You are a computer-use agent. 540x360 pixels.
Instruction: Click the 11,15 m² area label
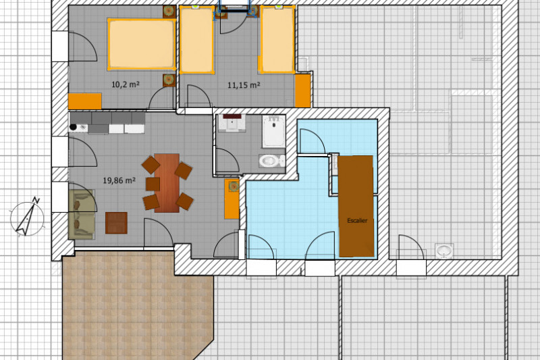tap(244, 86)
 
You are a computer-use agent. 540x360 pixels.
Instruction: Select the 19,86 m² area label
tap(119, 180)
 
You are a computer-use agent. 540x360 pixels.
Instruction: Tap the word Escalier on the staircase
tap(356, 221)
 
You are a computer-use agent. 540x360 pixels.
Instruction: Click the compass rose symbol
tap(27, 216)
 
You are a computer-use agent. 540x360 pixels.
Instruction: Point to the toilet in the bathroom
tap(271, 161)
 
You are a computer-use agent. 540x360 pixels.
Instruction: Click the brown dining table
tap(167, 182)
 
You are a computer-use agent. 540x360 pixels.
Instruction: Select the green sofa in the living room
tap(82, 214)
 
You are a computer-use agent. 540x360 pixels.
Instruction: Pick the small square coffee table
tap(116, 222)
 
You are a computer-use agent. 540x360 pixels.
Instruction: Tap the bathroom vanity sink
tap(234, 124)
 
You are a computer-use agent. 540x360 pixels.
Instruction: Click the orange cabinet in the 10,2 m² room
tap(85, 101)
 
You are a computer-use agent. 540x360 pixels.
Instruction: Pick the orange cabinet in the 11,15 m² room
tap(302, 91)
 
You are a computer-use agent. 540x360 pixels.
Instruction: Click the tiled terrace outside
tap(135, 304)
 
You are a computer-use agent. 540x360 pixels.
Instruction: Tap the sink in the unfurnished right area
tap(444, 251)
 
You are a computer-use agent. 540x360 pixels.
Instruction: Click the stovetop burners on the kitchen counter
tap(76, 126)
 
